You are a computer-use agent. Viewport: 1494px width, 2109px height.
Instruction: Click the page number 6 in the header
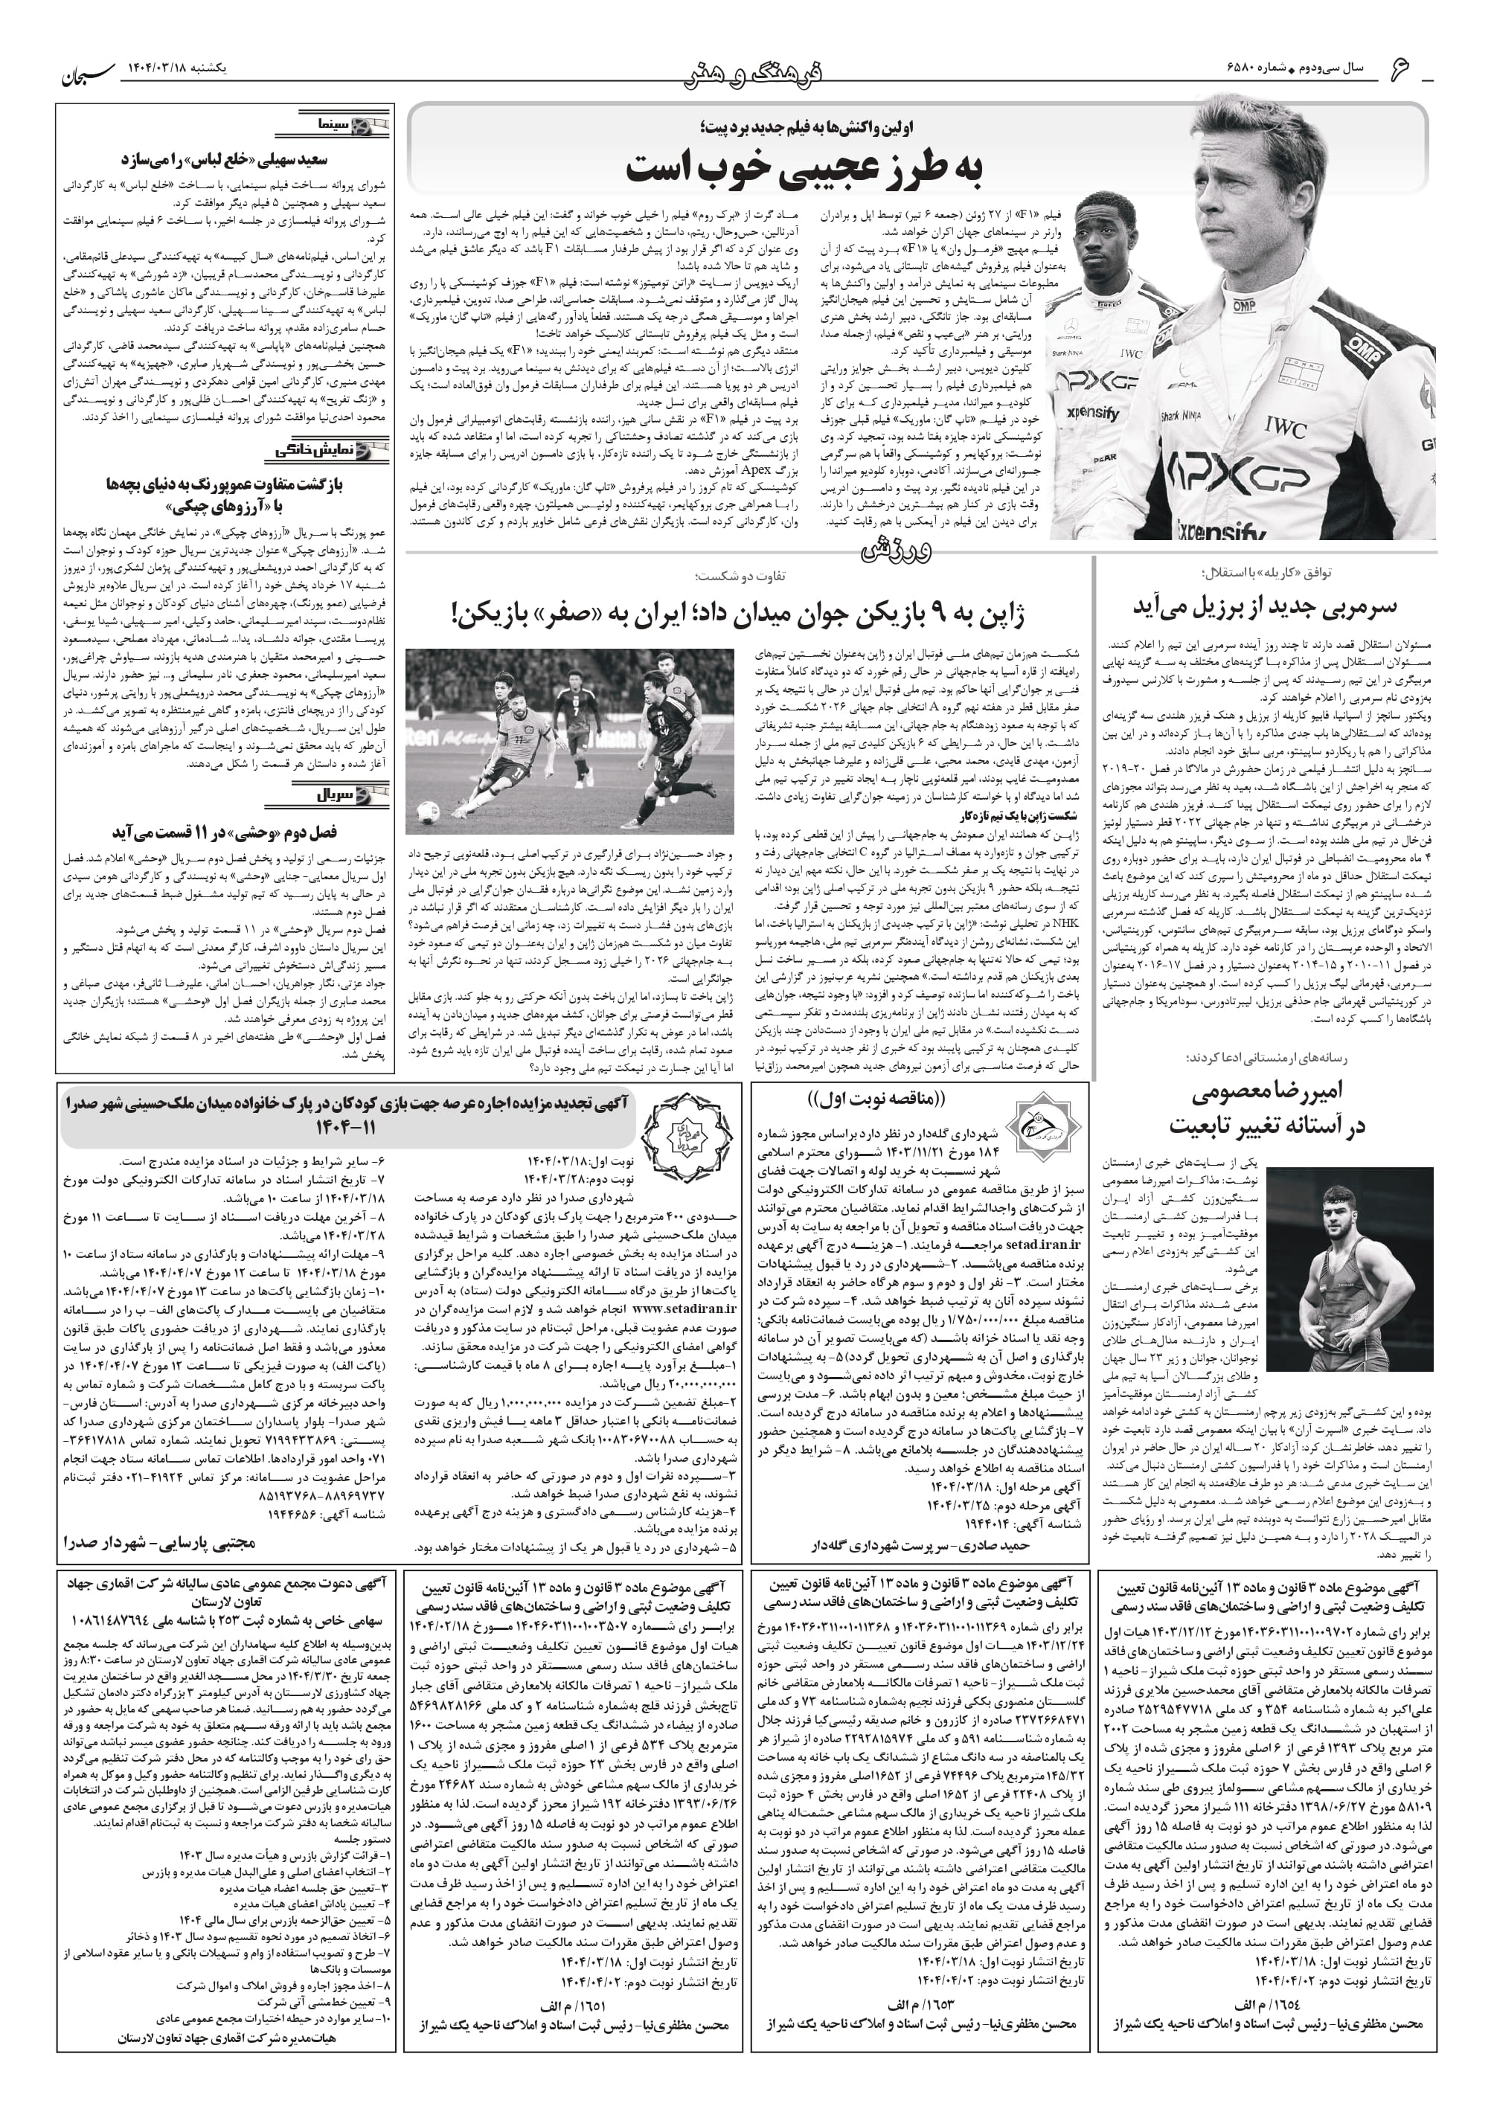pyautogui.click(x=1400, y=69)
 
